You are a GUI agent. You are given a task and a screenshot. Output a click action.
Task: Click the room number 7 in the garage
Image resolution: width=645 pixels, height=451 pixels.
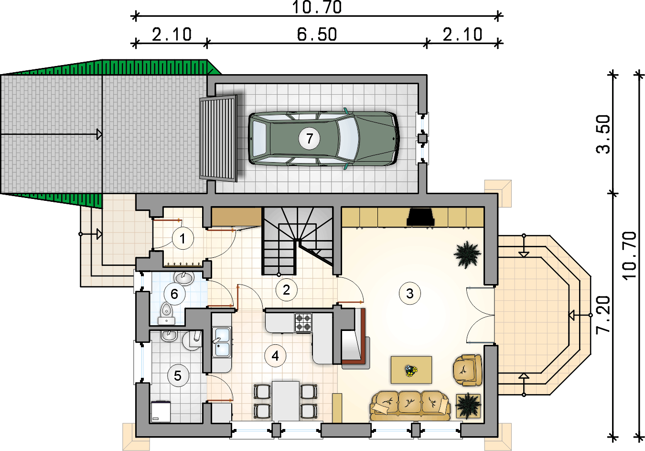coord(309,139)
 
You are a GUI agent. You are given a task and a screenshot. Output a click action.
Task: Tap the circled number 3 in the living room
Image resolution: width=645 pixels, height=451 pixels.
coord(410,294)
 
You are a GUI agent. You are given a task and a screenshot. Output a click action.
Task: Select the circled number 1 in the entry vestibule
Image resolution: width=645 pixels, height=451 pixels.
coord(183,239)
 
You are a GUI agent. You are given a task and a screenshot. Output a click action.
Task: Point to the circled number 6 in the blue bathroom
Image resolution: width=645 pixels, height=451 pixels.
coord(174,294)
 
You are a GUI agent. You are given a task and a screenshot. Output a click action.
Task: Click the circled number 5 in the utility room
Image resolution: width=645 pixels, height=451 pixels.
coord(178,376)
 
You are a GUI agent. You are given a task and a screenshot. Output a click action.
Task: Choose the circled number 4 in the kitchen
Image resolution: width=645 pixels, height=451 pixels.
coord(275,356)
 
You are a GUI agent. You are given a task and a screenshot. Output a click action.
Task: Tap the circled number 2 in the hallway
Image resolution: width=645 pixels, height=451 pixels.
coord(287,290)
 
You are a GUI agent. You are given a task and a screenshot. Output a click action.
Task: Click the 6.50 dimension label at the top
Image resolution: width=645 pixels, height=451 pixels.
coord(317,34)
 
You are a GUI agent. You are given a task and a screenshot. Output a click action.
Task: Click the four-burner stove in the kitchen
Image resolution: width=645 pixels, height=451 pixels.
coord(303,322)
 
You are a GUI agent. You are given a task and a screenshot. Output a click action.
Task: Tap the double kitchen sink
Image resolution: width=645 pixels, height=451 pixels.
coord(222,342)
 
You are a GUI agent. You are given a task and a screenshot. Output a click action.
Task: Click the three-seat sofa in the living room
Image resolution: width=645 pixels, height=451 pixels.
coord(410,406)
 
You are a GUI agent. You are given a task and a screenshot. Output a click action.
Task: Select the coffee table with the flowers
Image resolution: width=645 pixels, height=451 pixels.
coord(411,370)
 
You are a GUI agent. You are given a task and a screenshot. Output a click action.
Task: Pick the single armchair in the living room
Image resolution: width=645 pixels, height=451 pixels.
coord(467,370)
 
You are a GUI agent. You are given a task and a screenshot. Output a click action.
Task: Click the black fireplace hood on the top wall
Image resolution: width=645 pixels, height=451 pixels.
coord(420,217)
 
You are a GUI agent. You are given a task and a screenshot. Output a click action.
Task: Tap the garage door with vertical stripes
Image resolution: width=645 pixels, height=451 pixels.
coord(218,139)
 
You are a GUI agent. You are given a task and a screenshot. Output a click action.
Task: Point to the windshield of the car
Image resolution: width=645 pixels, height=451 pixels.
coord(348,139)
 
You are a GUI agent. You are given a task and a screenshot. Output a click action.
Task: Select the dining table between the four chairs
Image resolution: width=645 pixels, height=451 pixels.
coord(286,401)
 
